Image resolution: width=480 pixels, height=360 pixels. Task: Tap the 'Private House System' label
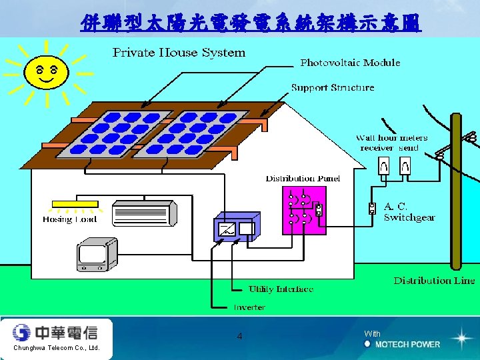point(179,53)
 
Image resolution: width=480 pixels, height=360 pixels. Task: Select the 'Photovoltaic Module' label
point(350,63)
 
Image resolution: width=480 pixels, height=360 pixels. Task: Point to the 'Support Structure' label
point(333,87)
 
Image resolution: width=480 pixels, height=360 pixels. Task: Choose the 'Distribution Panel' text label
point(303,178)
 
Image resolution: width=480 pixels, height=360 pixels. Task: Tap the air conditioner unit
point(145,213)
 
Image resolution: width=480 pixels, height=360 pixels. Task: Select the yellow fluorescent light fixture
point(70,205)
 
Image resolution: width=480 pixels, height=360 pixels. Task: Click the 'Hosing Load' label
point(69,219)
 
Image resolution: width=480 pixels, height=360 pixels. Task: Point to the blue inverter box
point(237,229)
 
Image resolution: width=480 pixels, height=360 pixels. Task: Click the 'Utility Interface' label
point(281,289)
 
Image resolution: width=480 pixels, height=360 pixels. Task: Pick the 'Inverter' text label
point(249,307)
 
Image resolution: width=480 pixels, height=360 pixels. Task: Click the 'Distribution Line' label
point(434,281)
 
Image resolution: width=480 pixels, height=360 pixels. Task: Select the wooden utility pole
point(457,200)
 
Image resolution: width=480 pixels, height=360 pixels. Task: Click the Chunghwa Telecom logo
point(55,333)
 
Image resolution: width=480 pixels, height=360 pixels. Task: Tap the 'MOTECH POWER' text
point(407,344)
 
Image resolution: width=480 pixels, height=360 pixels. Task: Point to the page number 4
point(239,337)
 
